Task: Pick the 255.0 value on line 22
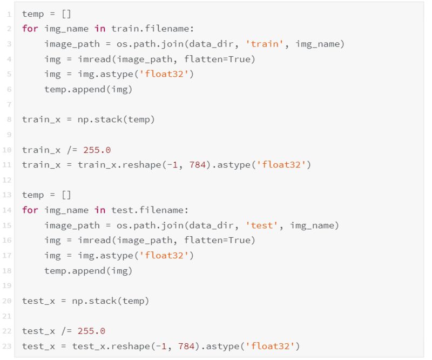(x=91, y=331)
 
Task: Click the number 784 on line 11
(x=197, y=165)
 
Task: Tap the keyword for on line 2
(x=30, y=29)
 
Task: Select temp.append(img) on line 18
(x=88, y=270)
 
